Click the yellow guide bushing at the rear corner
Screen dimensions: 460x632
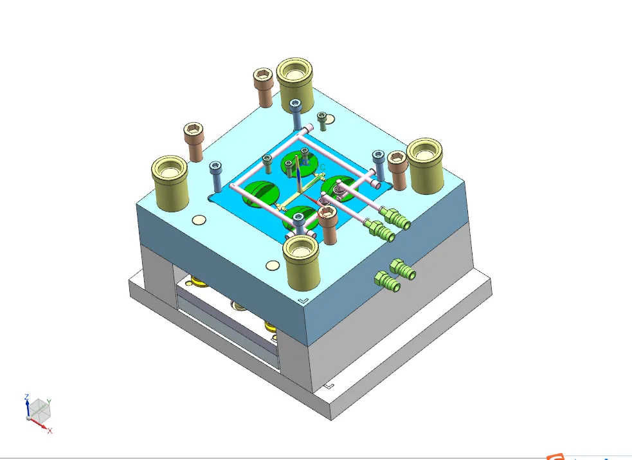click(x=295, y=84)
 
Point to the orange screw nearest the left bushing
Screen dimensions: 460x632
click(x=194, y=141)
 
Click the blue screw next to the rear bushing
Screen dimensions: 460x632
click(x=296, y=114)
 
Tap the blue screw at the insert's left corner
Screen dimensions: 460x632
click(x=216, y=176)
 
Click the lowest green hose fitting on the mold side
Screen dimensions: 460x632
click(x=387, y=281)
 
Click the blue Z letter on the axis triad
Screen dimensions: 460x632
click(x=26, y=397)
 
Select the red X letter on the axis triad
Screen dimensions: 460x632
click(x=50, y=430)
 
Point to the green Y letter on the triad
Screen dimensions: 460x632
click(x=49, y=401)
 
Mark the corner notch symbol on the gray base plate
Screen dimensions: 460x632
click(x=329, y=386)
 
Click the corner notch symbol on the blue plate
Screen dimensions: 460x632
click(x=303, y=300)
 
